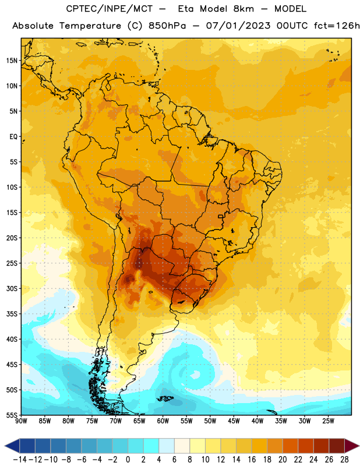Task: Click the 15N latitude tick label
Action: point(12,61)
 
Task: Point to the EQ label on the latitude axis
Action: point(13,137)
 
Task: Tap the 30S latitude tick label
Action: point(12,289)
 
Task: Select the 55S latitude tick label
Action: point(12,415)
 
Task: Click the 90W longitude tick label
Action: point(21,421)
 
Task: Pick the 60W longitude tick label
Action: point(163,421)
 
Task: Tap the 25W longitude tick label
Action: point(328,421)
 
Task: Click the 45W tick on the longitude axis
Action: point(234,421)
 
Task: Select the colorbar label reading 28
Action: point(344,460)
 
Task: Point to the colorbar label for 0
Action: point(128,460)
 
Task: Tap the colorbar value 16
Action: point(252,460)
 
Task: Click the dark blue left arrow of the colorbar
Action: point(12,446)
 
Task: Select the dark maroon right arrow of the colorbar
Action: point(352,446)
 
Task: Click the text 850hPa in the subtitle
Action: point(167,26)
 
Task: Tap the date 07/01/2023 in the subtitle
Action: point(238,26)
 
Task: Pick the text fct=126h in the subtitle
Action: point(337,26)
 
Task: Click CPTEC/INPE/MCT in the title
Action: point(110,9)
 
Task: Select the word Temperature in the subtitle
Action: point(90,26)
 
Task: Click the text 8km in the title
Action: point(243,9)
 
